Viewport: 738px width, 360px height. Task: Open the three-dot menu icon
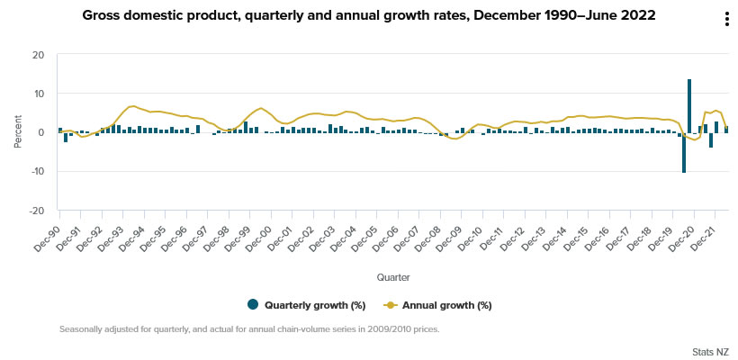point(726,21)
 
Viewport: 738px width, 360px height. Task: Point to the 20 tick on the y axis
point(38,55)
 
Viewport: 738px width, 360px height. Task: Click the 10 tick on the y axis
point(38,94)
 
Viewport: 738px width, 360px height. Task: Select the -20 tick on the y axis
point(36,211)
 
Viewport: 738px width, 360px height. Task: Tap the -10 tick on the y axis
point(36,172)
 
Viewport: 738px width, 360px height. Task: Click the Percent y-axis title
point(18,132)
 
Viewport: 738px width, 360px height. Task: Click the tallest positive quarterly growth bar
point(689,105)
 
